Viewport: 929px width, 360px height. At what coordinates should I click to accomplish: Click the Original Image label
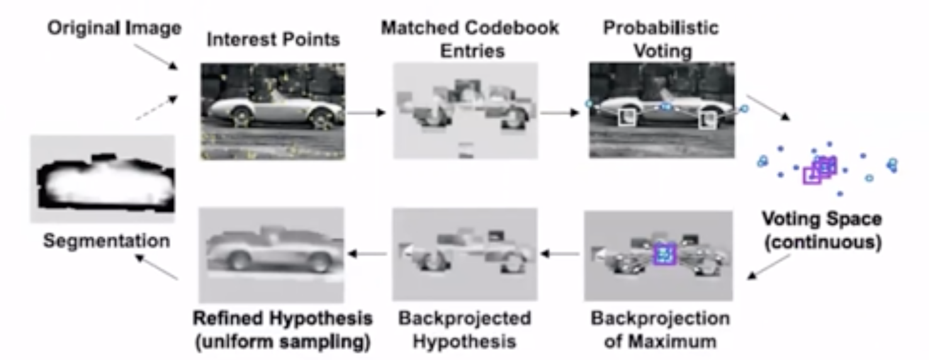114,28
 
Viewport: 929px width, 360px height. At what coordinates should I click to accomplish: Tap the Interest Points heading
273,40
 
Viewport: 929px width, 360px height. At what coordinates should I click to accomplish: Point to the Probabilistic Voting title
660,38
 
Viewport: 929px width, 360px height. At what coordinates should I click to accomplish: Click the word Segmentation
106,240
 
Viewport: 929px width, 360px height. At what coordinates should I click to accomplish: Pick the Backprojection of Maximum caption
660,329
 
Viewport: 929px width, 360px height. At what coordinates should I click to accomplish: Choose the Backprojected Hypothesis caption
464,329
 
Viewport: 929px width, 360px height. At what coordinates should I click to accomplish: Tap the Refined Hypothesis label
283,318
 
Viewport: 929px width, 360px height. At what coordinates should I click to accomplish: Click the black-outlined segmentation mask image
103,179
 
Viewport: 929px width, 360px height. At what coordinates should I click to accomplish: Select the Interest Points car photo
273,111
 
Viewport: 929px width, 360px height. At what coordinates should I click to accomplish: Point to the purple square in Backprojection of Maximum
663,254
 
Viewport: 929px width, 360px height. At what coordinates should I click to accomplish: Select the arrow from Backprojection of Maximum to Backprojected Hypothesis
560,254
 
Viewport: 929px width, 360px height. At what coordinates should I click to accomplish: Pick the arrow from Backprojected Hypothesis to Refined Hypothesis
368,254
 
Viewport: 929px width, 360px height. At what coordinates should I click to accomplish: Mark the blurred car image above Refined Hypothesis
271,255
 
